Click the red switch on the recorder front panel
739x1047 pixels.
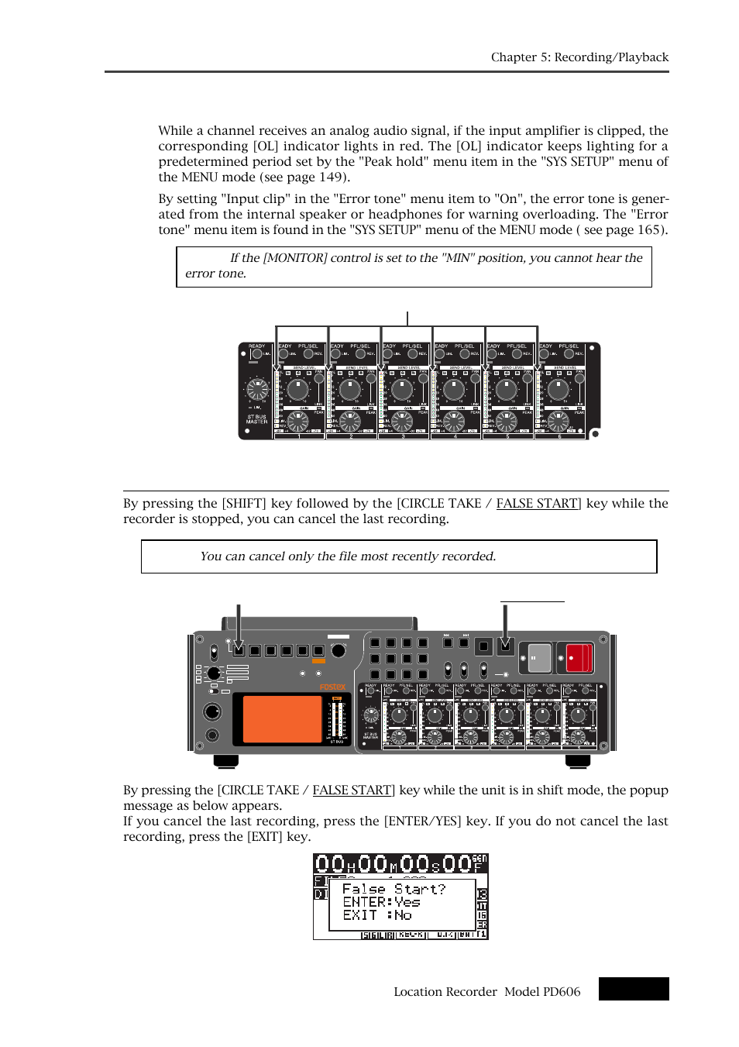579,658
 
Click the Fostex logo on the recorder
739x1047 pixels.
332,687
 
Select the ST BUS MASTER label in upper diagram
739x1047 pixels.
256,419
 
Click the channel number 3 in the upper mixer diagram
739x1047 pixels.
403,436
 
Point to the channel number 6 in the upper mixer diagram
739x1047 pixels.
559,436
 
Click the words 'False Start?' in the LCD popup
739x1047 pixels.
394,889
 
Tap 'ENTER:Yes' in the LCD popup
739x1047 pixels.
381,902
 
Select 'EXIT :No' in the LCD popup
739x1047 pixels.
377,915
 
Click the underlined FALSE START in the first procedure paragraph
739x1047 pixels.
538,504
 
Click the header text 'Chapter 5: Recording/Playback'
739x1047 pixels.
579,57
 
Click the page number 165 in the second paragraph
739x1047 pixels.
648,230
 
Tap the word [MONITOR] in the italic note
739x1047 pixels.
295,258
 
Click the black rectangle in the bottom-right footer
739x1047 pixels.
633,989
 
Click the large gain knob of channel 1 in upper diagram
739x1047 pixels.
298,421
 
